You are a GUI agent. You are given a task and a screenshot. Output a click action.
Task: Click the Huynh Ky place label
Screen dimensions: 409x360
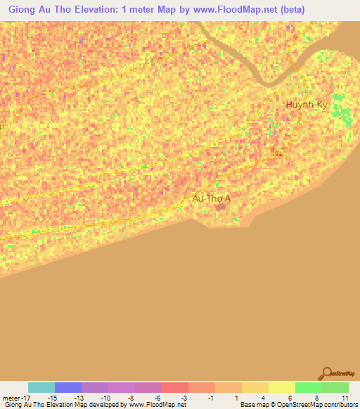point(306,105)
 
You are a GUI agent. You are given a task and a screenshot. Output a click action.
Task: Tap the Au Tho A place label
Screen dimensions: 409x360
point(211,199)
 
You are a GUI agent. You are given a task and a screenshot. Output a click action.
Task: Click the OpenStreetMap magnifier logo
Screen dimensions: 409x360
point(326,374)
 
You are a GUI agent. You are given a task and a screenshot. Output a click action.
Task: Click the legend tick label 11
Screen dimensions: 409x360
point(345,398)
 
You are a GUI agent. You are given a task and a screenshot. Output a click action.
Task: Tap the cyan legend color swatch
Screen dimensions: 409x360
point(41,387)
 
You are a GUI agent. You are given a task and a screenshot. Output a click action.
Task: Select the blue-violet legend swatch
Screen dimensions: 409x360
point(68,387)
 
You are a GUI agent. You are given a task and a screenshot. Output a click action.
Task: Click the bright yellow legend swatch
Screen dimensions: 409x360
point(282,387)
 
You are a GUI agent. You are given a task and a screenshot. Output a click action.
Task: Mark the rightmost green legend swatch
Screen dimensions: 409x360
point(335,387)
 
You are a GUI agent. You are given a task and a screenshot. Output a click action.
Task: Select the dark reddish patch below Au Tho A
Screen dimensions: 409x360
point(221,207)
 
